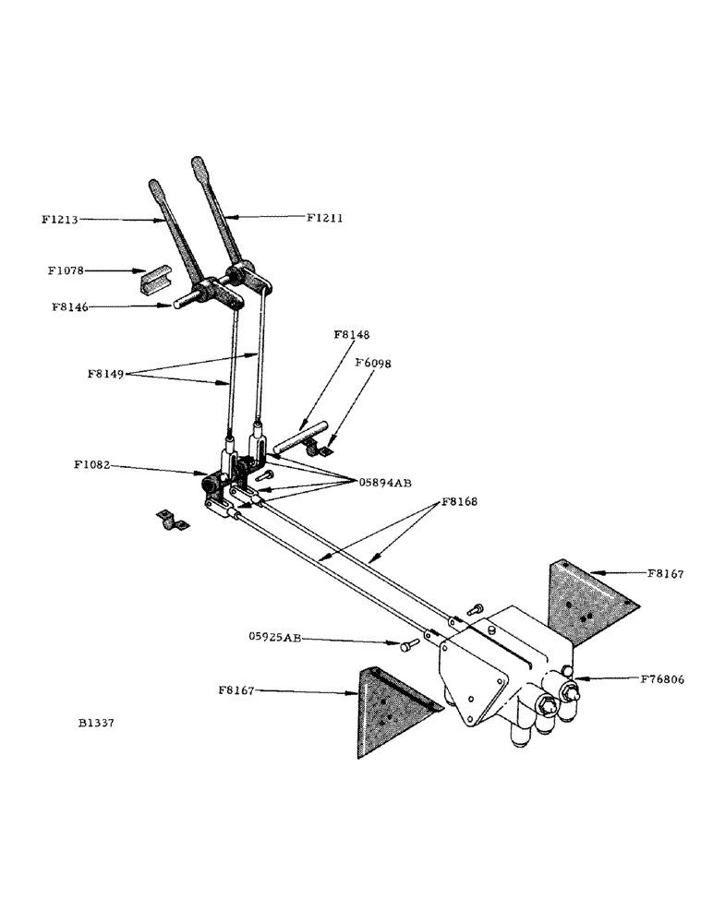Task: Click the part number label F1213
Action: coord(59,220)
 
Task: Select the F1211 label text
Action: coord(325,218)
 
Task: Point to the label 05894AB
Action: coord(386,482)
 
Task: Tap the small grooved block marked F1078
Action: coord(155,280)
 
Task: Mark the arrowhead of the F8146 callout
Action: coord(174,306)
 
